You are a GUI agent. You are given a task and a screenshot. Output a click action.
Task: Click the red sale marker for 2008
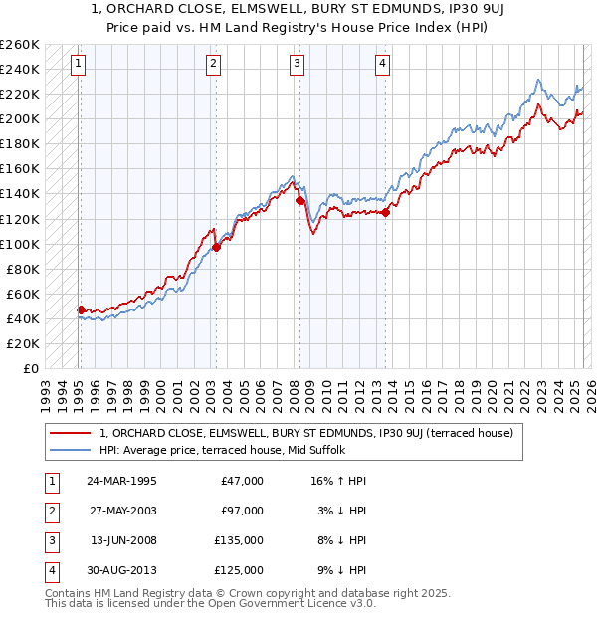pos(299,201)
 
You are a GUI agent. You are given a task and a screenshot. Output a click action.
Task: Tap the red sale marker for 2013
pos(385,211)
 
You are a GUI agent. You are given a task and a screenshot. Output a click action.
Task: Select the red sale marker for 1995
pos(81,309)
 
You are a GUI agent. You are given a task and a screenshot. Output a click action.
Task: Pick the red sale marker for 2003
pos(216,248)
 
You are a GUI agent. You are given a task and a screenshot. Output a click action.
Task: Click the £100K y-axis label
pos(20,244)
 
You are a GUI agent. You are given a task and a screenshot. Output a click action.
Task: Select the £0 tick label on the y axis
pos(30,368)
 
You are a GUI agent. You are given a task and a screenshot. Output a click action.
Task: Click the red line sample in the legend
pos(70,433)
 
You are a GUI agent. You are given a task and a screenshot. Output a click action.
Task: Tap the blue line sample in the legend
pos(70,450)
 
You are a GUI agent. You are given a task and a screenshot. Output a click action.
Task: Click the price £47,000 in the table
pos(242,481)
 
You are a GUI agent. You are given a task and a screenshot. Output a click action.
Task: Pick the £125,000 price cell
pos(239,570)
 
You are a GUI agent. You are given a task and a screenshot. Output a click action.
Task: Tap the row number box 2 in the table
pos(51,511)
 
